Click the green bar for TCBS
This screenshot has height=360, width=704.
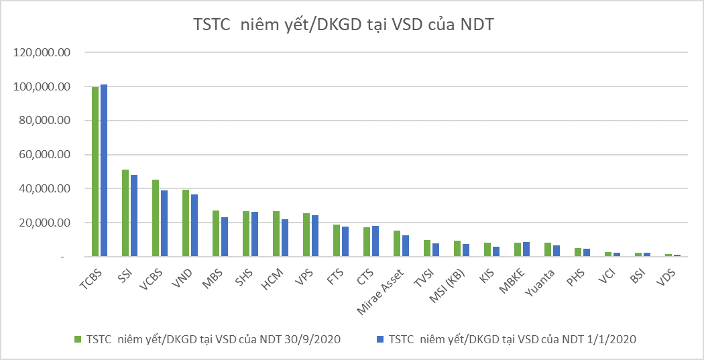95,172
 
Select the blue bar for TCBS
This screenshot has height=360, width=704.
104,170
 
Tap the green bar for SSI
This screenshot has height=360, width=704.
125,213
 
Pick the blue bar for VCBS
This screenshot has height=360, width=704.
164,223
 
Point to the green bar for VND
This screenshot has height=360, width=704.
186,223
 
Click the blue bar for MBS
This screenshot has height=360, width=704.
225,237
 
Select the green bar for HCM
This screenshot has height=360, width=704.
276,234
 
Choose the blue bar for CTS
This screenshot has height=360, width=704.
375,241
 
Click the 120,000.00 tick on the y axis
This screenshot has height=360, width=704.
42,53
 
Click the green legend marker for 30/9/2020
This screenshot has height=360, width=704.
77,339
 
